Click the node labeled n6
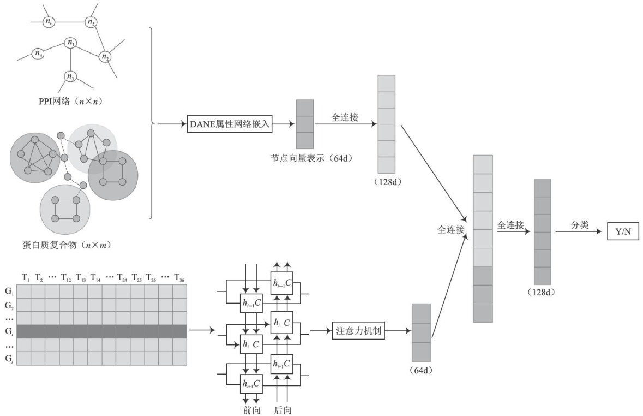tap(49, 22)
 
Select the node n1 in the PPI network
tap(71, 42)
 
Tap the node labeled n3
tap(70, 76)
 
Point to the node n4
tap(38, 54)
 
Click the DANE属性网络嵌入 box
tap(230, 124)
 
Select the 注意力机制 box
tap(358, 331)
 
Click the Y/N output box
tap(623, 231)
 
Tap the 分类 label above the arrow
tap(580, 224)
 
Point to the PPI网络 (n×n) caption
tap(70, 101)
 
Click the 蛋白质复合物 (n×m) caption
tap(67, 245)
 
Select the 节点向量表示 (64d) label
tap(311, 158)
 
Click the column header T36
tap(179, 278)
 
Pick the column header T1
tap(26, 278)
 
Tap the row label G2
tap(9, 306)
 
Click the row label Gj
tap(9, 359)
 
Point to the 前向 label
tap(251, 410)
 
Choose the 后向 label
tap(283, 410)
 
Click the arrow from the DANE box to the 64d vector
tap(284, 124)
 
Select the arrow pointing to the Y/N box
tap(579, 231)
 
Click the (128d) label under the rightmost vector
tap(542, 293)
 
